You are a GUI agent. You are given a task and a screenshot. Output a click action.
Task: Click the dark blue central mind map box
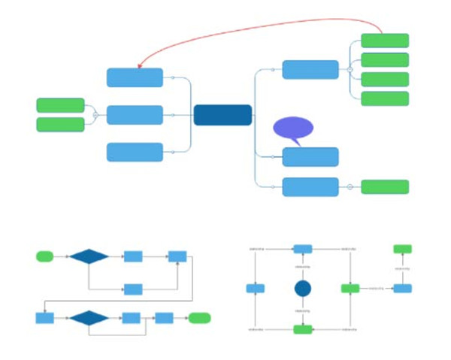[x=222, y=115]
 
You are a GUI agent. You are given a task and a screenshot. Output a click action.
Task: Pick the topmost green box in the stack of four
[x=385, y=41]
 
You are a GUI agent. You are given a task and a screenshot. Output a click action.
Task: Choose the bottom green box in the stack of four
[x=385, y=98]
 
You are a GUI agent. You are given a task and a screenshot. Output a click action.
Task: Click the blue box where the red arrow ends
[x=135, y=77]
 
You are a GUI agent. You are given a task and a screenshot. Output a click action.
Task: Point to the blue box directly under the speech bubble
[x=310, y=157]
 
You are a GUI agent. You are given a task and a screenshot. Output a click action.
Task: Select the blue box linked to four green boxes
[x=310, y=69]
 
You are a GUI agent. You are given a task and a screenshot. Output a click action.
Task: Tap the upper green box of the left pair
[x=60, y=105]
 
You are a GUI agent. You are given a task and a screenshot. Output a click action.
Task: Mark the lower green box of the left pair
[x=60, y=124]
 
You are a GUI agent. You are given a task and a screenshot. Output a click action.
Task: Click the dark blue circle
[x=303, y=289]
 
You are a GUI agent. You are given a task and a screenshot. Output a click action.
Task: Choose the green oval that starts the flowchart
[x=44, y=256]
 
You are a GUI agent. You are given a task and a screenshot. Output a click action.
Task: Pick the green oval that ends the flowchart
[x=199, y=318]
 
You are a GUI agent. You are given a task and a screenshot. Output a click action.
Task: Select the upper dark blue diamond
[x=89, y=256]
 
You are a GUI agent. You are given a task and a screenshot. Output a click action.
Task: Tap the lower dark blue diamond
[x=89, y=318]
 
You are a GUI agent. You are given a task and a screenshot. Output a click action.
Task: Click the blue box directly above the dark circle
[x=303, y=249]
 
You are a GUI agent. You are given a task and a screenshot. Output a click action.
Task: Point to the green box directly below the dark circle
[x=303, y=328]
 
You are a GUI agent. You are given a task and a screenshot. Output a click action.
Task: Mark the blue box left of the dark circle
[x=256, y=289]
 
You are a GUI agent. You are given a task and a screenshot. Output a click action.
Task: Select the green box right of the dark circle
[x=350, y=289]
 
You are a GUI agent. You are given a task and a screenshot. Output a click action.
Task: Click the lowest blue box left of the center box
[x=135, y=152]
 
